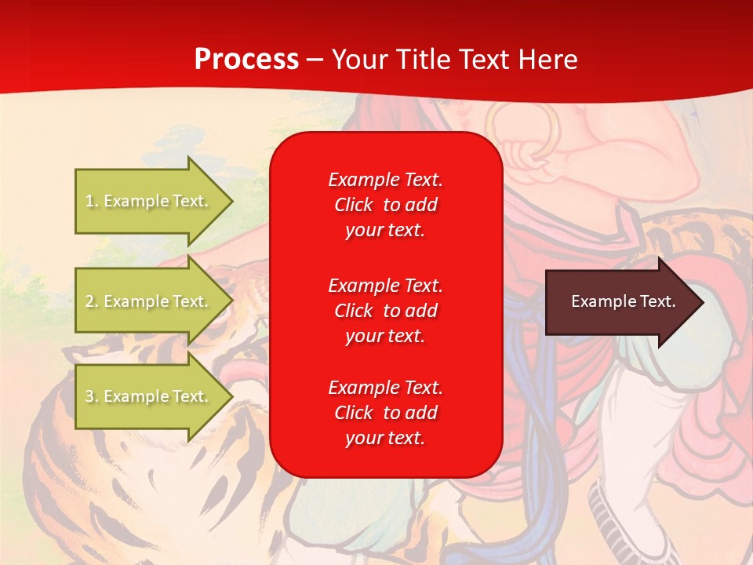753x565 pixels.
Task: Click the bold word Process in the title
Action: (x=246, y=60)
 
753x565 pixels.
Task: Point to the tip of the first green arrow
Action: (x=231, y=201)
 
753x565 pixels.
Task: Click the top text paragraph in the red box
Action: (x=385, y=205)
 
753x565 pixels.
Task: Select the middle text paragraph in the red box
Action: (x=385, y=311)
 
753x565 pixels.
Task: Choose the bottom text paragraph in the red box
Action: (x=385, y=413)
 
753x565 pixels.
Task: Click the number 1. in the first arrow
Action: (x=92, y=201)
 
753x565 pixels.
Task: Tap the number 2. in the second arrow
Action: (x=92, y=301)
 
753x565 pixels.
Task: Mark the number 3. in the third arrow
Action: (x=92, y=396)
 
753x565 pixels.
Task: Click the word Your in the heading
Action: (x=358, y=60)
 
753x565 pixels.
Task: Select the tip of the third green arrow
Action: (x=231, y=396)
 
